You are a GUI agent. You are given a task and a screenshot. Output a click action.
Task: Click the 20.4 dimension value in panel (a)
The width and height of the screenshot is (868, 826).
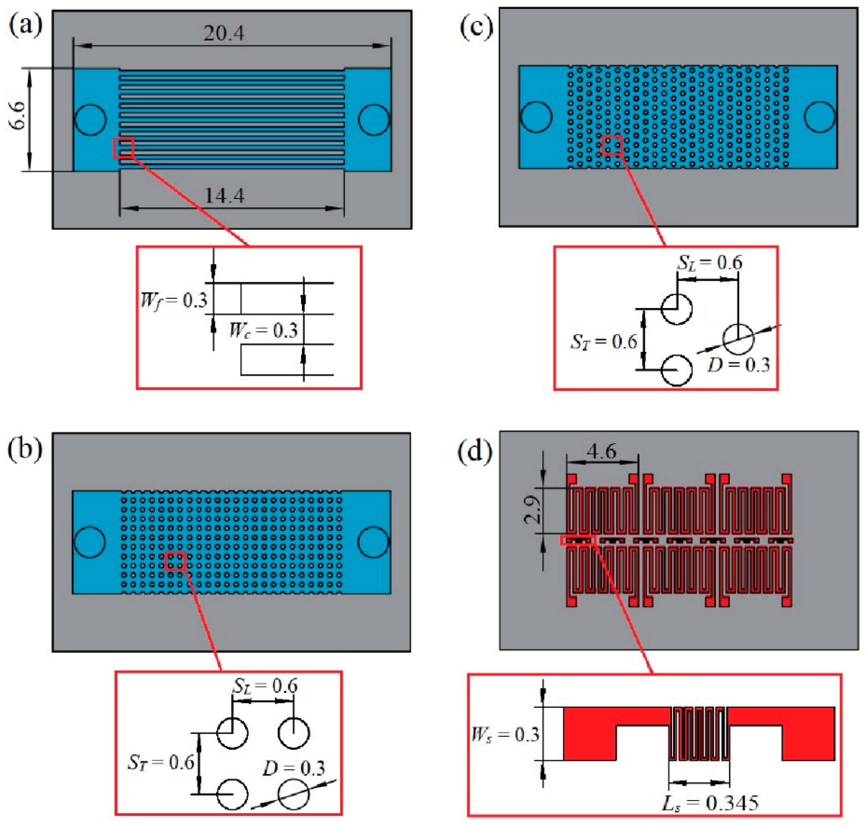coord(223,33)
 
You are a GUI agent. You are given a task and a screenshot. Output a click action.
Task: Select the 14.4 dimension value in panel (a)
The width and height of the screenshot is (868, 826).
coord(224,195)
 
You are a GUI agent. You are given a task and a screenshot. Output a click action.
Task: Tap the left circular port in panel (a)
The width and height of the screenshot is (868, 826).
coord(90,119)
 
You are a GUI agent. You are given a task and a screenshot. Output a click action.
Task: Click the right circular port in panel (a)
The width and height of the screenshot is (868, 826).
coord(374,119)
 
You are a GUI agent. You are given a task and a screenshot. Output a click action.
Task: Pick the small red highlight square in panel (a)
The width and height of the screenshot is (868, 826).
coord(123,148)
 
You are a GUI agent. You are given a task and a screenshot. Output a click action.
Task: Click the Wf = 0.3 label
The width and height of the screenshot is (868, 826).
coord(174,301)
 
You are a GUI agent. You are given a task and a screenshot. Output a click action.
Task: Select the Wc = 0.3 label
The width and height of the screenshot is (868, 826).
coord(263,331)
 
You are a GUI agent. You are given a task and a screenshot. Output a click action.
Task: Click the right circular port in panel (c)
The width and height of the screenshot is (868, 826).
coord(819,117)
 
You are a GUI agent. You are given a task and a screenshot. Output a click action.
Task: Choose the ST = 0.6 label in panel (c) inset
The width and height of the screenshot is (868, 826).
coord(604,342)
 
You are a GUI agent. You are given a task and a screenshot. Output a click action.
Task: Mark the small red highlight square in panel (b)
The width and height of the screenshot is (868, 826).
coord(175,561)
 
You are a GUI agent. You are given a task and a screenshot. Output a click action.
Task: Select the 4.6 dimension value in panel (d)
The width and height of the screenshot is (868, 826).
coord(601,452)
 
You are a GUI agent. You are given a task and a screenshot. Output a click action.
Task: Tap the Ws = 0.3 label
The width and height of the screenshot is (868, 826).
coord(505,735)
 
